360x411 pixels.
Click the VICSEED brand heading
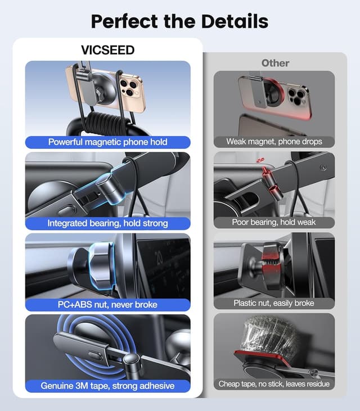point(107,50)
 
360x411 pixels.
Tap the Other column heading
point(275,63)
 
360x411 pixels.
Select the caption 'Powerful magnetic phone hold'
point(107,142)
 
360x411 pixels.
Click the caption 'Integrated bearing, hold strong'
point(107,223)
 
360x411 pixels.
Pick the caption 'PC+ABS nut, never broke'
point(107,304)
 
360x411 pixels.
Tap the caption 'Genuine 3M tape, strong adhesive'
point(107,386)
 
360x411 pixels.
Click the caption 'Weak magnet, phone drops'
point(274,142)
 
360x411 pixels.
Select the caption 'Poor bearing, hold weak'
point(274,222)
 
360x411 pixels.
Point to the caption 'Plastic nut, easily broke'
point(274,303)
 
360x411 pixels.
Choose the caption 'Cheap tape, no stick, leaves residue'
point(274,384)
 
